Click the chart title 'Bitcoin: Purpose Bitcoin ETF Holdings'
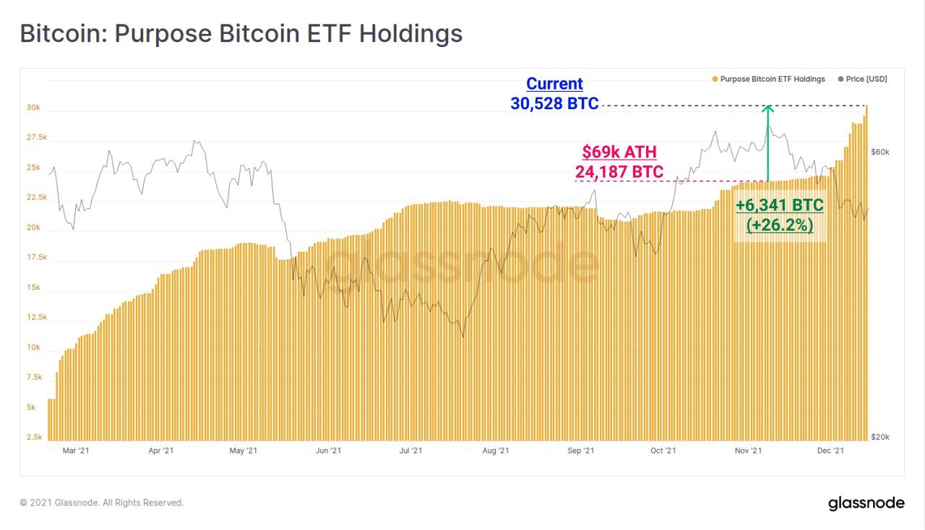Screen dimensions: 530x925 pyautogui.click(x=241, y=34)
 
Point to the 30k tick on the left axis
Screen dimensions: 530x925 pyautogui.click(x=34, y=108)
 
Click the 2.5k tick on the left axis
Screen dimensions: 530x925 pyautogui.click(x=34, y=437)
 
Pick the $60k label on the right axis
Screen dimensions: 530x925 pyautogui.click(x=880, y=152)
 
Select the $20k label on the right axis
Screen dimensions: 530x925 pyautogui.click(x=880, y=437)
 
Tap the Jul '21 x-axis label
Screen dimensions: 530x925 pyautogui.click(x=410, y=450)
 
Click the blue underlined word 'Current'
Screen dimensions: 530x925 pyautogui.click(x=554, y=83)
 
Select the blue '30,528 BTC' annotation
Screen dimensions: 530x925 pyautogui.click(x=554, y=103)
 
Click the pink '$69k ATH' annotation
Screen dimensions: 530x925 pyautogui.click(x=619, y=153)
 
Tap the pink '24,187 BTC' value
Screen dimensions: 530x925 pyautogui.click(x=619, y=172)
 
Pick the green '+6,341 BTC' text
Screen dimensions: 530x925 pyautogui.click(x=780, y=205)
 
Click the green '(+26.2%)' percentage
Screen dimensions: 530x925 pyautogui.click(x=780, y=225)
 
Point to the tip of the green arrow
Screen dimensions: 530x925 pyautogui.click(x=768, y=107)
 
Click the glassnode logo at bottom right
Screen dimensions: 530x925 pyautogui.click(x=866, y=503)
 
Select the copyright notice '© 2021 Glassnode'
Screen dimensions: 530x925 pyautogui.click(x=102, y=503)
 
